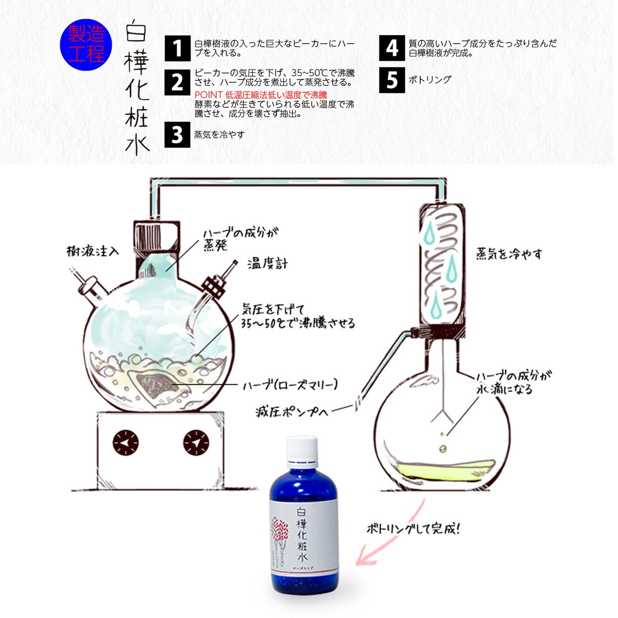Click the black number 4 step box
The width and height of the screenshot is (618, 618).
click(x=392, y=48)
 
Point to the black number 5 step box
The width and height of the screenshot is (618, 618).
click(x=392, y=80)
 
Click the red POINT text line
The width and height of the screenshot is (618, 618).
click(x=261, y=95)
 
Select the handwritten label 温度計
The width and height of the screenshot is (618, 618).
click(x=267, y=264)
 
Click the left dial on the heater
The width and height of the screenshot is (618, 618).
click(x=125, y=442)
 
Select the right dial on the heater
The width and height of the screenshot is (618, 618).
click(x=196, y=442)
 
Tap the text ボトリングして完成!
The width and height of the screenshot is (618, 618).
click(x=413, y=529)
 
